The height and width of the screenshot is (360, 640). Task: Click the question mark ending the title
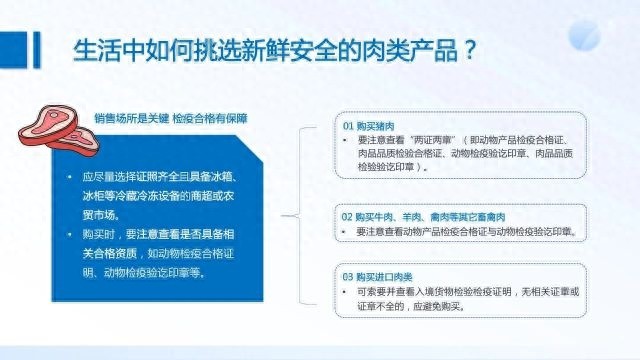(467, 51)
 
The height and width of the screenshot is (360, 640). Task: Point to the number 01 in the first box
(348, 128)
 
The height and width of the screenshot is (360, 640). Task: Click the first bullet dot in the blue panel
(69, 177)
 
